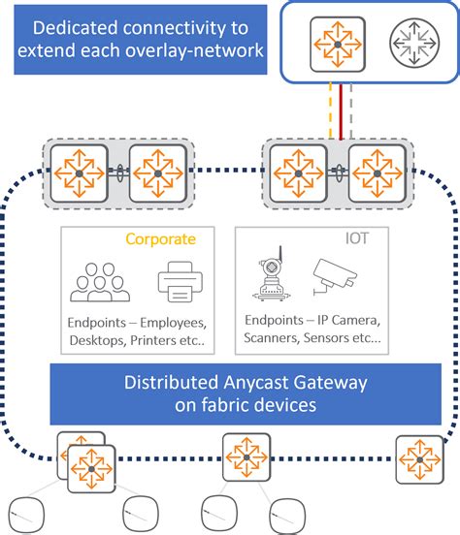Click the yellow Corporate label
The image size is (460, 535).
(161, 237)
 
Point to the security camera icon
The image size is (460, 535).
(339, 276)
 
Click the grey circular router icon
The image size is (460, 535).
(414, 45)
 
